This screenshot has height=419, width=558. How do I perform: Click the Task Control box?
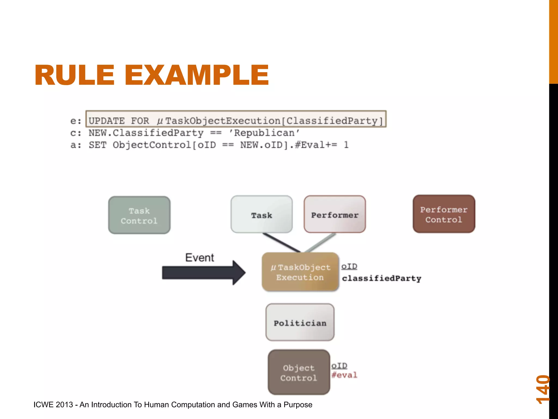click(139, 215)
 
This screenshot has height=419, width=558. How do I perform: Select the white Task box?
click(262, 214)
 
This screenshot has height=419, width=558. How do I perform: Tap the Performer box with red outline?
click(335, 214)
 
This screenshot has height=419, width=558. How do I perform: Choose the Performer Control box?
click(444, 214)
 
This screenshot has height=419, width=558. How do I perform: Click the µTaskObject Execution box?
click(300, 272)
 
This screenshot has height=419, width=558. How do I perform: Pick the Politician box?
click(300, 322)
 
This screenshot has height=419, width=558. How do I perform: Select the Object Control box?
click(299, 372)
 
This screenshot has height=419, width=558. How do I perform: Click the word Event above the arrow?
click(199, 258)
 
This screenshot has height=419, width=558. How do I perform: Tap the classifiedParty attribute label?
click(381, 278)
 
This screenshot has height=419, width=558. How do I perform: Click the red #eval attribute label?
click(344, 375)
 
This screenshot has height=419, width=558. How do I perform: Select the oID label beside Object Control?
click(339, 366)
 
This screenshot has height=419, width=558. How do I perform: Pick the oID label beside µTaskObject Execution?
click(349, 266)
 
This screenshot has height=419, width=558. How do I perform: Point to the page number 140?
click(543, 389)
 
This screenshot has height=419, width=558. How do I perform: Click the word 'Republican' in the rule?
click(264, 133)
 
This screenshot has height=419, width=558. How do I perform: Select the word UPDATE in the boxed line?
click(107, 121)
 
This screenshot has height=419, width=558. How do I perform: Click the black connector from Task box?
click(281, 242)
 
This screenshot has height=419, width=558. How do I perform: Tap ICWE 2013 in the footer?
click(53, 405)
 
